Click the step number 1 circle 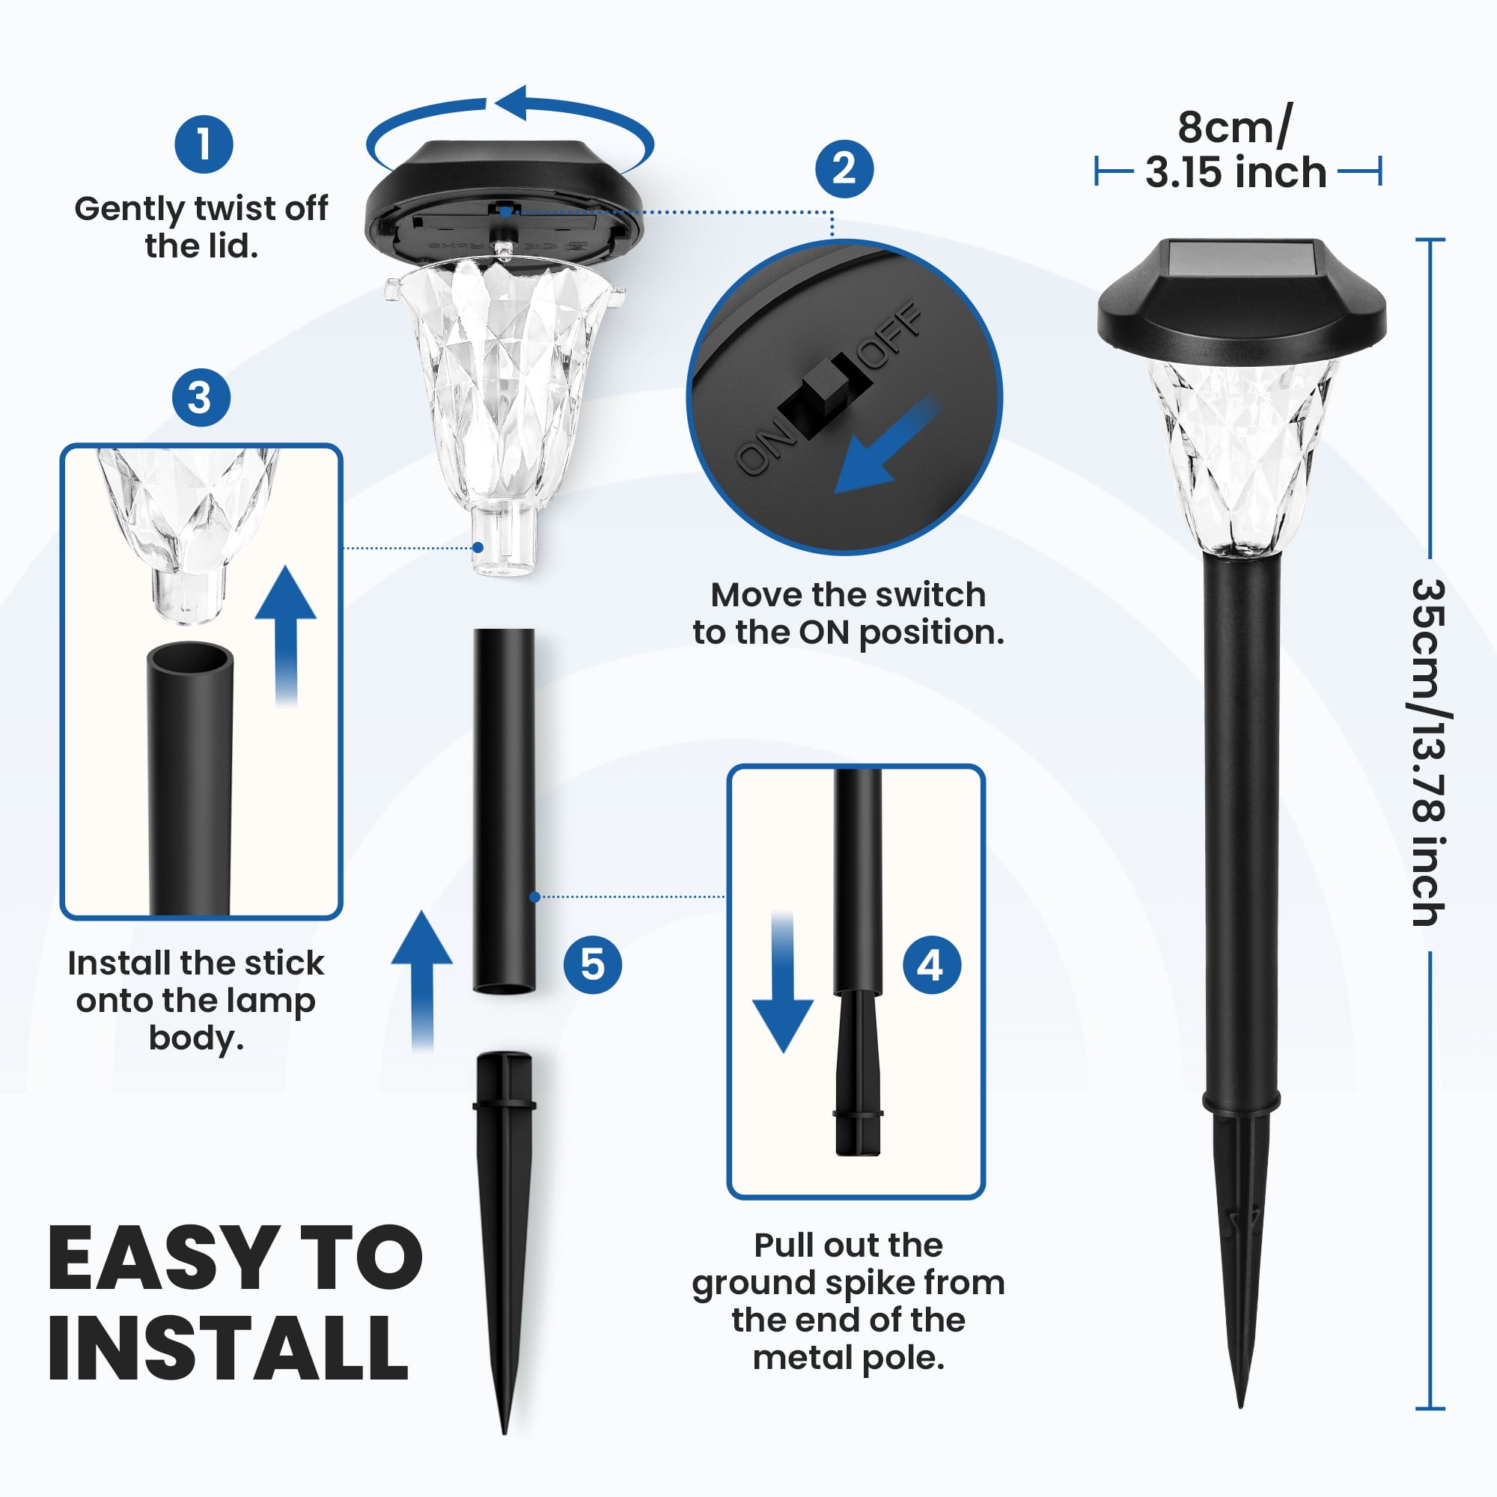pos(204,144)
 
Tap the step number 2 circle pos(844,168)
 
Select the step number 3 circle pos(201,397)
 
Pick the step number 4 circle pos(932,966)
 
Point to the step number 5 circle pos(593,965)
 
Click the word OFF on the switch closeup pos(891,335)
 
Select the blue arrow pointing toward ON pos(883,448)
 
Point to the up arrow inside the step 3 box pos(286,635)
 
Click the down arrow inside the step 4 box pos(783,982)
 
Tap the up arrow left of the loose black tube pos(421,981)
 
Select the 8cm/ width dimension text pos(1235,126)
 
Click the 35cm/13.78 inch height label pos(1427,751)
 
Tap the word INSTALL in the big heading pos(228,1349)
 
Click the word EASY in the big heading pos(163,1259)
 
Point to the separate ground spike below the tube pos(504,1243)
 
